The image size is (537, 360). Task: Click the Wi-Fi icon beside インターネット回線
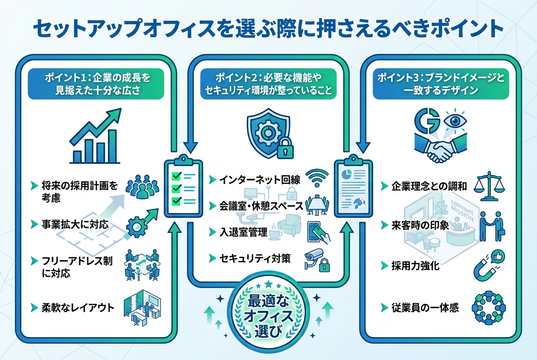tap(318, 178)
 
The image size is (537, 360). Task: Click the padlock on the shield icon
tap(285, 149)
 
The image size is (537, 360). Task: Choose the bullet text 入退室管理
tap(243, 232)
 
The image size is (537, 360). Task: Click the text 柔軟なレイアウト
tap(78, 308)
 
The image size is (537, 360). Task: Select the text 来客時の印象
tap(420, 225)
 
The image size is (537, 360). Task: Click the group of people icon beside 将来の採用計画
tap(142, 187)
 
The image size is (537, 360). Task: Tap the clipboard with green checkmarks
tap(184, 186)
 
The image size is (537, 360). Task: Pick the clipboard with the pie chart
tap(353, 186)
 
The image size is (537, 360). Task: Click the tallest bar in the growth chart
tap(112, 146)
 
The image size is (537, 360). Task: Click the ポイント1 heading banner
tap(96, 84)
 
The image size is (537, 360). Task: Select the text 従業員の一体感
tap(425, 308)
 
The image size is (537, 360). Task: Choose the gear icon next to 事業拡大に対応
tap(137, 227)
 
